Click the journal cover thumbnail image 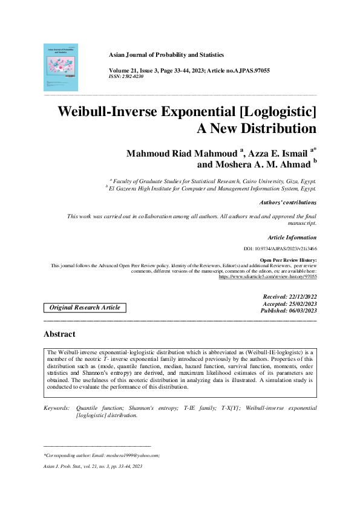point(61,67)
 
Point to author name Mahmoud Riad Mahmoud point(181,154)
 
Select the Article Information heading point(292,238)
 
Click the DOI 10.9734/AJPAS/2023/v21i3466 point(280,248)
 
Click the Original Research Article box point(85,308)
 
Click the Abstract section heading point(59,334)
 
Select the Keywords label point(56,409)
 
